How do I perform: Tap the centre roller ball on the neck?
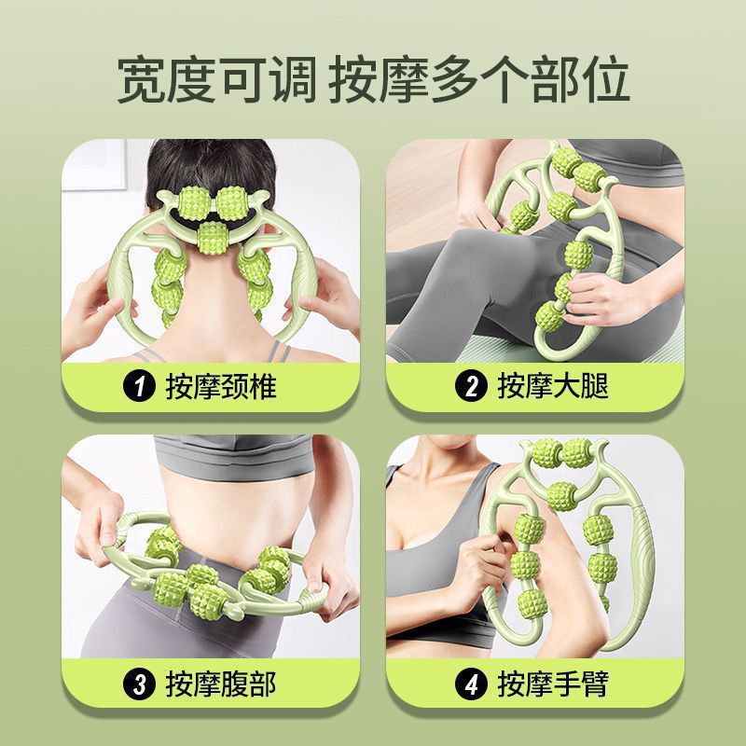[x=211, y=240]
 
